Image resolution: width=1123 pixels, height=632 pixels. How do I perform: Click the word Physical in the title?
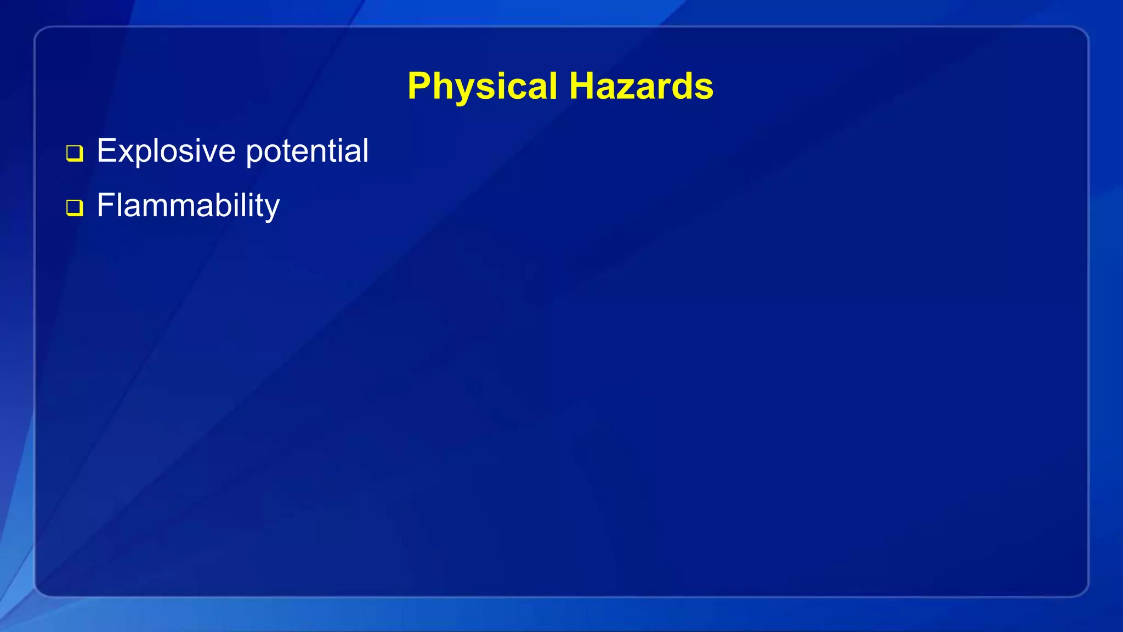(x=482, y=87)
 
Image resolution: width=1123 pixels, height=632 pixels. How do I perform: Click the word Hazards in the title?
(x=641, y=87)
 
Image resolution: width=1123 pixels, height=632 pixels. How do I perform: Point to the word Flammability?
(x=188, y=206)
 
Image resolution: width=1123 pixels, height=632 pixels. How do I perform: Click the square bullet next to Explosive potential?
(x=75, y=153)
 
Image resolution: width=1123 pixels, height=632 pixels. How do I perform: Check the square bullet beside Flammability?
(x=75, y=207)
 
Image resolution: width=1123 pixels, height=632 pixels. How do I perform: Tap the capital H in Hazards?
(x=582, y=86)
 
